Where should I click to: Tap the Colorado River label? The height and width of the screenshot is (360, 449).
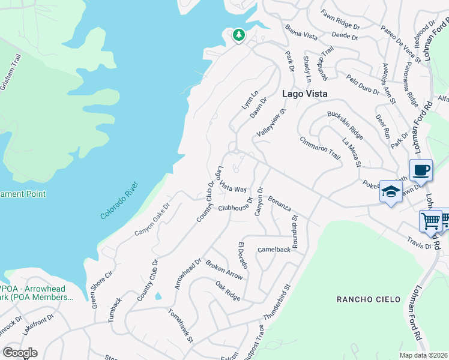click(x=120, y=200)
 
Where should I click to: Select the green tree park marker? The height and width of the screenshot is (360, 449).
click(x=239, y=35)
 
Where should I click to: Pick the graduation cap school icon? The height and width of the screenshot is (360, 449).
click(x=390, y=191)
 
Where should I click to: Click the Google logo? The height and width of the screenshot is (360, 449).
click(x=20, y=353)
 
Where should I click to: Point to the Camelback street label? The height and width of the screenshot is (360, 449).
click(x=274, y=249)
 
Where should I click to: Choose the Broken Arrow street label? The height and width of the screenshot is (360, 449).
click(x=224, y=270)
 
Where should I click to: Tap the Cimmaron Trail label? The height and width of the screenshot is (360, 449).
click(x=320, y=148)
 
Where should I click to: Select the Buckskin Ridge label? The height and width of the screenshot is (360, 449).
click(x=345, y=122)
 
